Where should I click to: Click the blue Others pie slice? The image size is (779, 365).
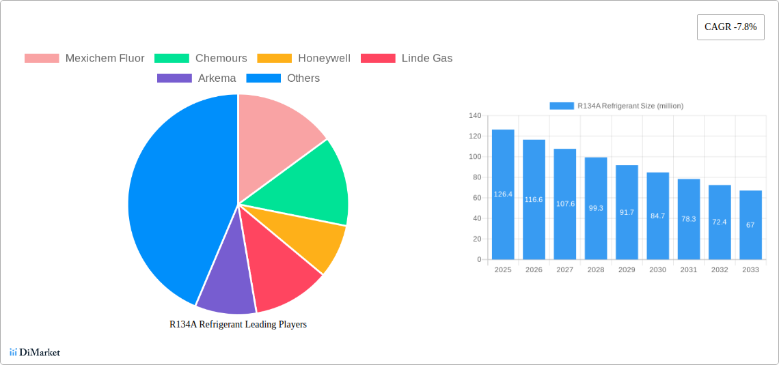[x=171, y=198]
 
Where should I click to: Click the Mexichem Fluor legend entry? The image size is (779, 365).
[x=85, y=58]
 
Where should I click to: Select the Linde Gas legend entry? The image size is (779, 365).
[x=407, y=58]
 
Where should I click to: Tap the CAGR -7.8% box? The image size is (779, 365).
[x=730, y=27]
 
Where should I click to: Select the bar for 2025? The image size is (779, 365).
[x=503, y=194]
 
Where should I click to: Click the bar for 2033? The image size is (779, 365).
[x=750, y=225]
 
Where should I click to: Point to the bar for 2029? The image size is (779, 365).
[x=627, y=212]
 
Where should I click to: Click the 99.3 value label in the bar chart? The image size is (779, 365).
[x=596, y=208]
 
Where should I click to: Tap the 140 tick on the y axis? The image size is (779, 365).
[x=475, y=116]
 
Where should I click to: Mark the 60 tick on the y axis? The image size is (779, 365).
[x=476, y=198]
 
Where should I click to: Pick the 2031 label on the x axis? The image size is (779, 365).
[x=688, y=270]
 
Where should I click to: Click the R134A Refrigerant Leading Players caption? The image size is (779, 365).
[x=238, y=324]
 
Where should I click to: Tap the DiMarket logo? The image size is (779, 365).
[x=35, y=352]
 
